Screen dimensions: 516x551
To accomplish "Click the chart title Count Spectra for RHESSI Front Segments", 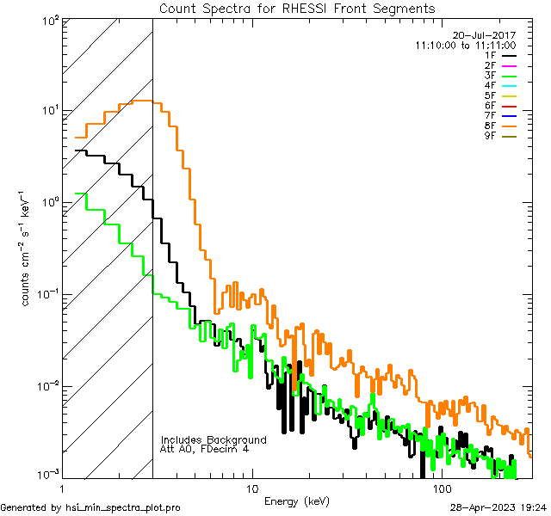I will tap(297, 8).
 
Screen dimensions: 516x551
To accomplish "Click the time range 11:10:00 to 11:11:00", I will tap(465, 45).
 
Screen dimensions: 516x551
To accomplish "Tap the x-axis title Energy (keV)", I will tap(297, 501).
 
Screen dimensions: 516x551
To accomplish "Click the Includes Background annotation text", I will tap(214, 439).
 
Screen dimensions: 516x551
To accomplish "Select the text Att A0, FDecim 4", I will tap(205, 449).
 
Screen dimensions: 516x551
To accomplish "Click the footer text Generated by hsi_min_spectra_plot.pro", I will tap(90, 507).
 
